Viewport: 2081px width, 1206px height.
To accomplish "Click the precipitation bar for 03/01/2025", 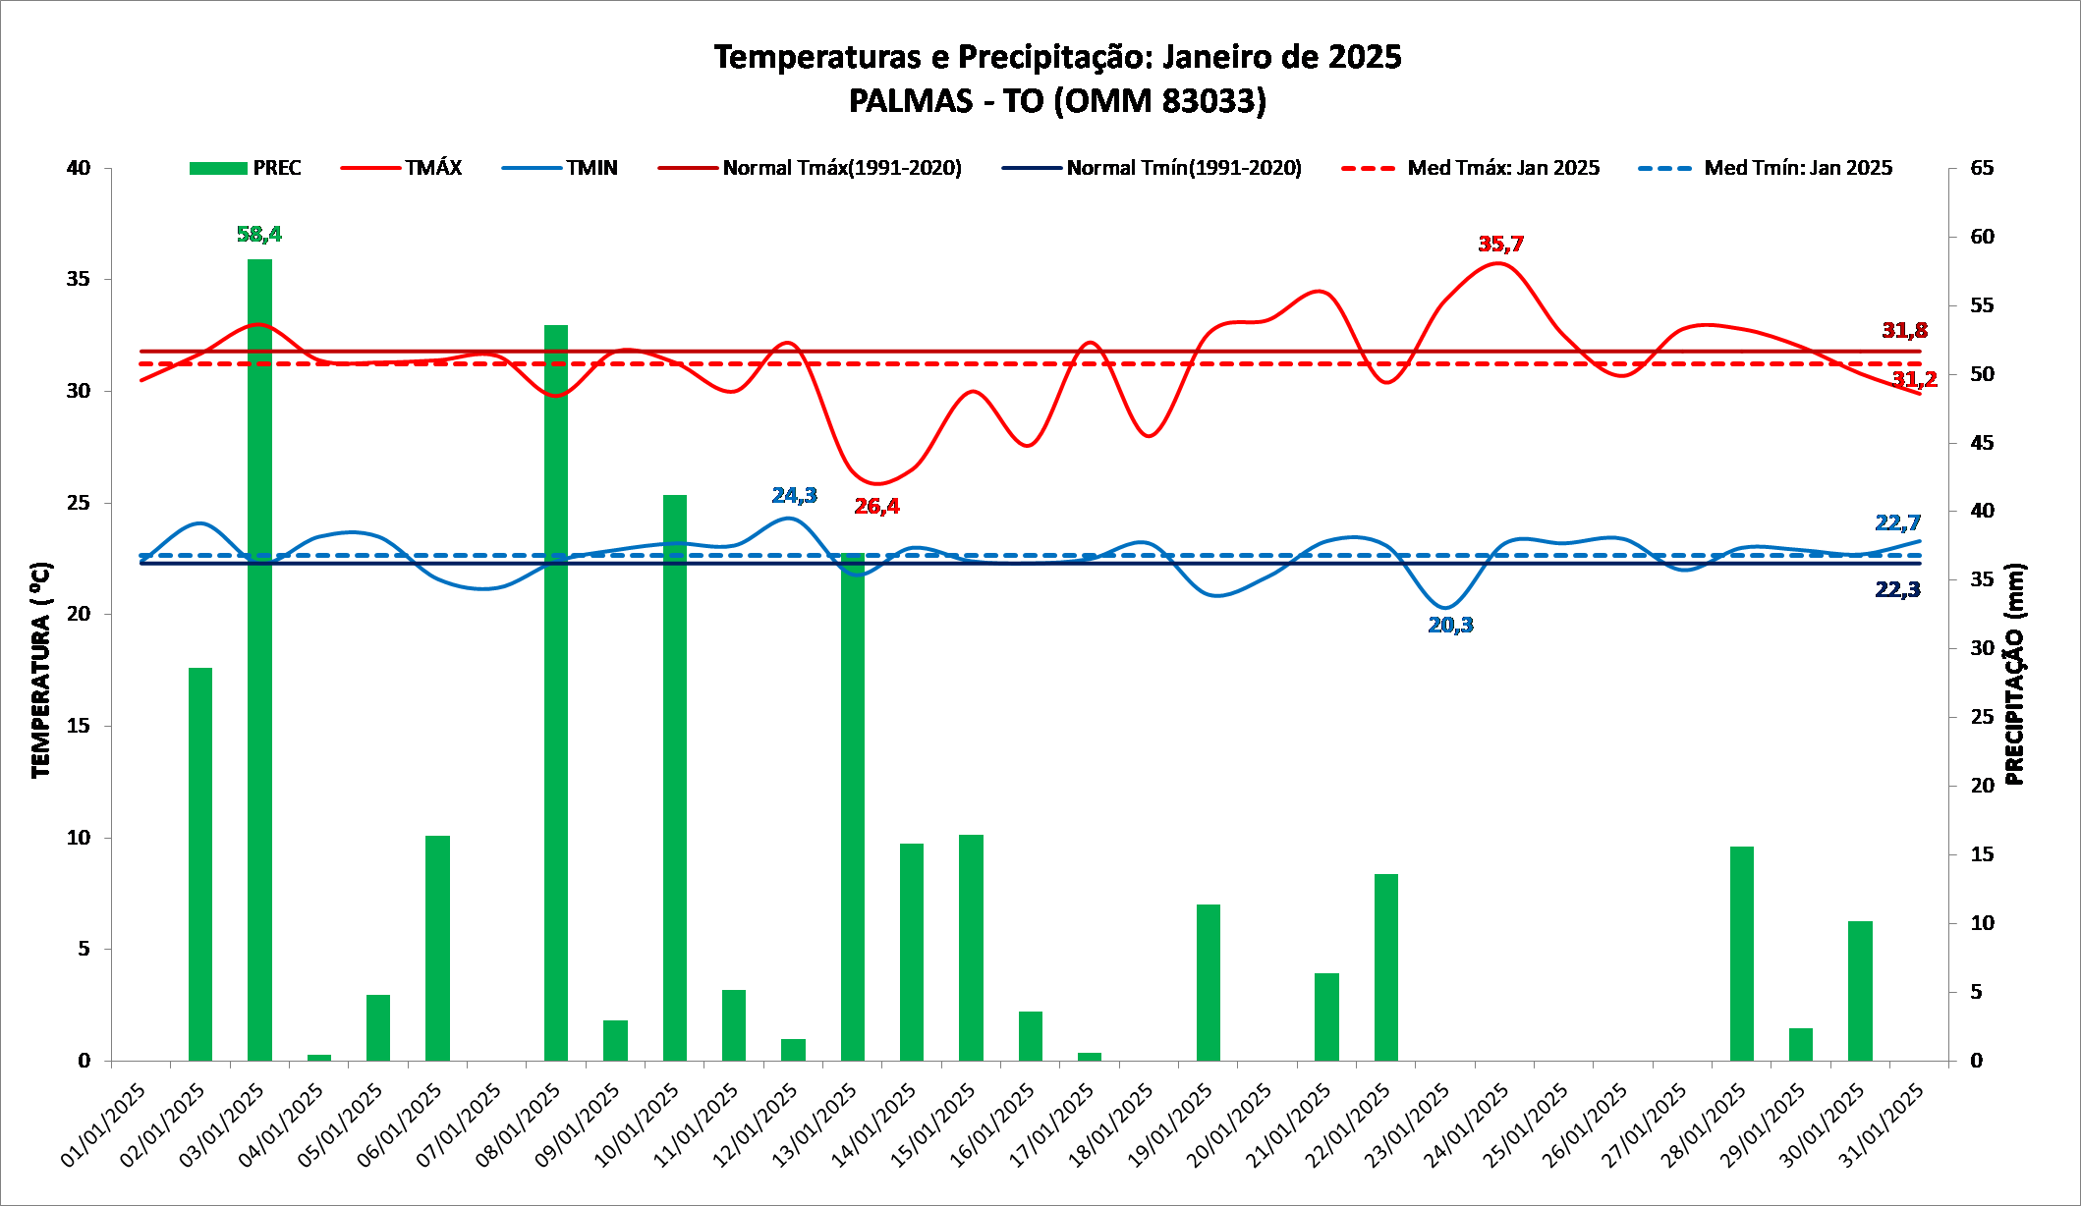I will click(259, 658).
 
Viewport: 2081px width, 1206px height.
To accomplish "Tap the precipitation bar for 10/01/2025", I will click(675, 776).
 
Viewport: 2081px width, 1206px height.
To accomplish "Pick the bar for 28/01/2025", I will click(1742, 953).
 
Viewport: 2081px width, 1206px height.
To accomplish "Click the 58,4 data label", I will click(259, 234).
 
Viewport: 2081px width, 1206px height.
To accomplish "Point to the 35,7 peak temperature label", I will click(1500, 244).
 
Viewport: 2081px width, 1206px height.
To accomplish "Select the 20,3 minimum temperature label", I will click(1450, 625).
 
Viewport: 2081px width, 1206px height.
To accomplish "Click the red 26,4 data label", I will click(876, 506).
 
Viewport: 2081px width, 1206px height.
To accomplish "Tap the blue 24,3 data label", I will click(794, 495).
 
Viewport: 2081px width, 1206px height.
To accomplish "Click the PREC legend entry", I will click(246, 168).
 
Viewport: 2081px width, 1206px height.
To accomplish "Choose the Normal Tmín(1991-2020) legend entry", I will click(1152, 168).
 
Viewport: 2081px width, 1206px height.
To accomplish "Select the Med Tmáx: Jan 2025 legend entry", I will click(1471, 168).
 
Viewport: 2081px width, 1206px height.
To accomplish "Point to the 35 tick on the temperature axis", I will click(79, 279).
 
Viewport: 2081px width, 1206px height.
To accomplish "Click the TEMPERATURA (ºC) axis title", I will click(40, 670).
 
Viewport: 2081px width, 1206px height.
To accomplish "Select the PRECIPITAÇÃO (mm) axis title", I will click(2015, 674).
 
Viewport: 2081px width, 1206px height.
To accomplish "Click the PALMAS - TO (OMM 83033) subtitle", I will click(1057, 100).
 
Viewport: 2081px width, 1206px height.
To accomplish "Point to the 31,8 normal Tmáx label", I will click(1904, 330).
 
